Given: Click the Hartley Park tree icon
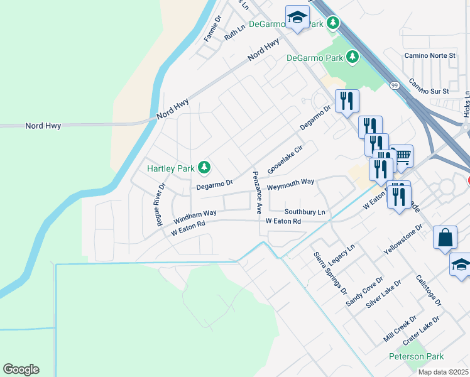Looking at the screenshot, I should coord(204,167).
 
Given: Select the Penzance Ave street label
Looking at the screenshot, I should coord(257,193).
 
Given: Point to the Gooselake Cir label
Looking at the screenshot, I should coord(285,160).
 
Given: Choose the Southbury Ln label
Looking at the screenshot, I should coord(305,212).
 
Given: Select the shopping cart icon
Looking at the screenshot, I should coord(402,155).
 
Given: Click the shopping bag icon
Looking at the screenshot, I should coord(445,238).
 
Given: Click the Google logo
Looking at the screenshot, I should coord(21,369).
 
